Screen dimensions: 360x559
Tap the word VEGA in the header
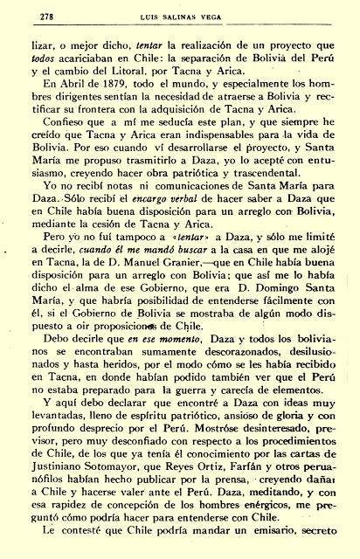225,12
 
